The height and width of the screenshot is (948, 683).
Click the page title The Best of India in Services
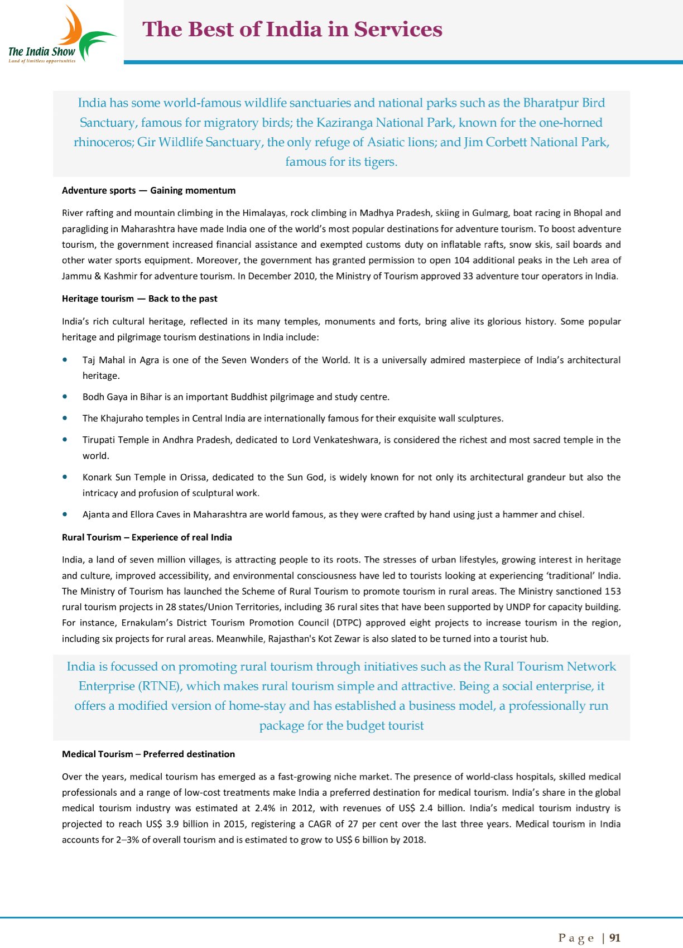[292, 29]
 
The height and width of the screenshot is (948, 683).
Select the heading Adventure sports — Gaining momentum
[148, 190]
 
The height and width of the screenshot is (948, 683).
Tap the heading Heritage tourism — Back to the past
[140, 299]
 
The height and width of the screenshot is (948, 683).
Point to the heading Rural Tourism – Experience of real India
[147, 537]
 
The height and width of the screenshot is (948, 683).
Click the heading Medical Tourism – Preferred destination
[148, 754]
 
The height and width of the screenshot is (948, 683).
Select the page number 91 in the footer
[615, 937]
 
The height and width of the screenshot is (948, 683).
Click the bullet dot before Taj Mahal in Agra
[66, 360]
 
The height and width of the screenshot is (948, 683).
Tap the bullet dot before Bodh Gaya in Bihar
[66, 397]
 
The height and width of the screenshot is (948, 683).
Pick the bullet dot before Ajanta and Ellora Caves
[66, 514]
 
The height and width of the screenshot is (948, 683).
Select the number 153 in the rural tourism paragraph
[612, 591]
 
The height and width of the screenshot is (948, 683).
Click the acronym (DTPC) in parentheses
[346, 623]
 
